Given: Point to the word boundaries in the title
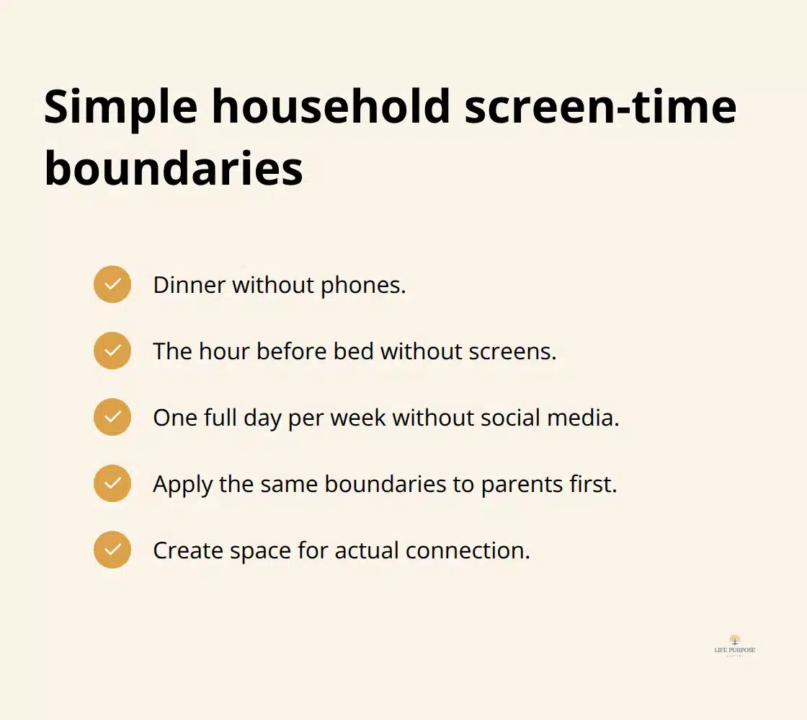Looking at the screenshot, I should [x=174, y=170].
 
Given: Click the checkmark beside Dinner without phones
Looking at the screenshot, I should [x=112, y=284].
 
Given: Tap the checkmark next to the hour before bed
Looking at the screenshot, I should [x=112, y=351].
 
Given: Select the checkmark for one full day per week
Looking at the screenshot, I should [x=112, y=417].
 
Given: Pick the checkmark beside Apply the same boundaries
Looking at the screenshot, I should [x=112, y=483].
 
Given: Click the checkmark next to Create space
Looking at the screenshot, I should [x=112, y=550].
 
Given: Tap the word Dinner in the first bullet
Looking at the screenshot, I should [x=189, y=285].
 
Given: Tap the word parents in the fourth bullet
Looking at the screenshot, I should [x=514, y=484].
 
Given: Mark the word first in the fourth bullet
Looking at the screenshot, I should [x=594, y=484].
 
